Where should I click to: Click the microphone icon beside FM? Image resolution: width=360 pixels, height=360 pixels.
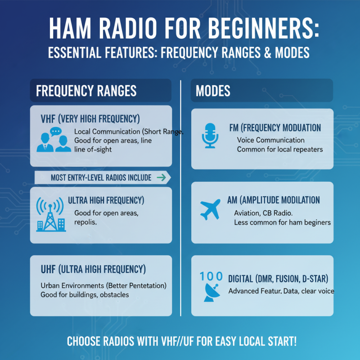[x=210, y=135]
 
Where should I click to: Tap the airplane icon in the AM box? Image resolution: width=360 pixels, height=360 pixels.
[x=210, y=208]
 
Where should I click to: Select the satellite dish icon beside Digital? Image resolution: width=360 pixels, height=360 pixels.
[x=210, y=291]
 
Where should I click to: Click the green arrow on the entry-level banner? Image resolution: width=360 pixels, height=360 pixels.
[x=160, y=178]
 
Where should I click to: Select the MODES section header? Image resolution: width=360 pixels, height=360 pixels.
[x=213, y=91]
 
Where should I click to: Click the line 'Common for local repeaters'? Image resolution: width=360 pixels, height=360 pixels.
[x=280, y=149]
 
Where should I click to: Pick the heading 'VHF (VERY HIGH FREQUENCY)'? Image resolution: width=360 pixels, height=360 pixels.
[x=90, y=119]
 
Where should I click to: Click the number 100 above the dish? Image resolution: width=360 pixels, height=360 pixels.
[x=210, y=276]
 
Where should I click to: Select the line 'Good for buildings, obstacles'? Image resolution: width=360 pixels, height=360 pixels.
[x=85, y=295]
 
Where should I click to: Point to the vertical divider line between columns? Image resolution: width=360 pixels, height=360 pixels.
[x=180, y=198]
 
